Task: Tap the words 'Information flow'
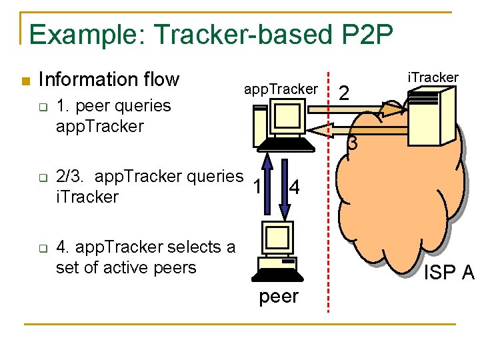pyautogui.click(x=109, y=80)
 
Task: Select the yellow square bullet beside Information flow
pyautogui.click(x=25, y=81)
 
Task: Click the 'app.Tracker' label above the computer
pyautogui.click(x=281, y=89)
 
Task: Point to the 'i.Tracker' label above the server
pyautogui.click(x=433, y=77)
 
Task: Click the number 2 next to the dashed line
pyautogui.click(x=344, y=94)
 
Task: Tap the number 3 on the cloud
pyautogui.click(x=352, y=143)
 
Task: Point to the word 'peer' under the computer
pyautogui.click(x=279, y=296)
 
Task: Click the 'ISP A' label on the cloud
pyautogui.click(x=449, y=273)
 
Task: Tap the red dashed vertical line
pyautogui.click(x=327, y=200)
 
